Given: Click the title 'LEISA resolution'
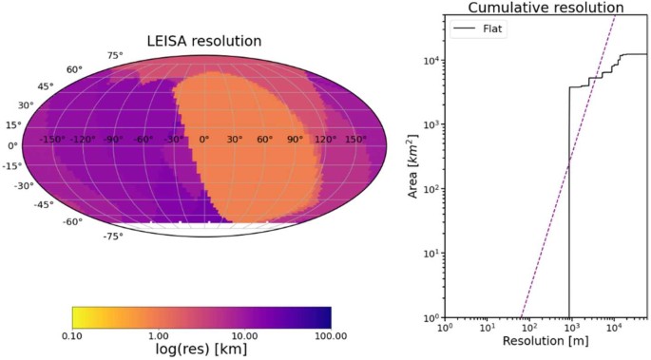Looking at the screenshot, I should point(203,41).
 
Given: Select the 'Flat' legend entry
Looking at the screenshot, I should point(494,29).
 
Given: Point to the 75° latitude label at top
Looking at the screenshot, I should point(115,56).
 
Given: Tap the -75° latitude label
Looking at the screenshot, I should point(113,237).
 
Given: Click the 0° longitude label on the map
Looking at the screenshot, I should point(203,140).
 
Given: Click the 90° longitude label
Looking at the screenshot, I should point(295,140).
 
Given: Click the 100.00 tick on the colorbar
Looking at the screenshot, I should point(329,336).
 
